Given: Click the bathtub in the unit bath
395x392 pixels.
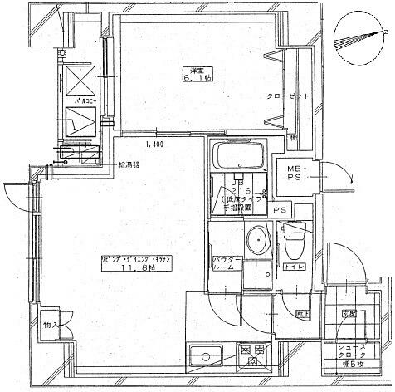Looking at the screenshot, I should [238, 154].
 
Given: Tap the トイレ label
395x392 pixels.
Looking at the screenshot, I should [294, 268].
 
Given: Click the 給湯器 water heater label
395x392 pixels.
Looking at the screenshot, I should [129, 164].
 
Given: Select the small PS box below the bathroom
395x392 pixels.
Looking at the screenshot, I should [280, 210].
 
